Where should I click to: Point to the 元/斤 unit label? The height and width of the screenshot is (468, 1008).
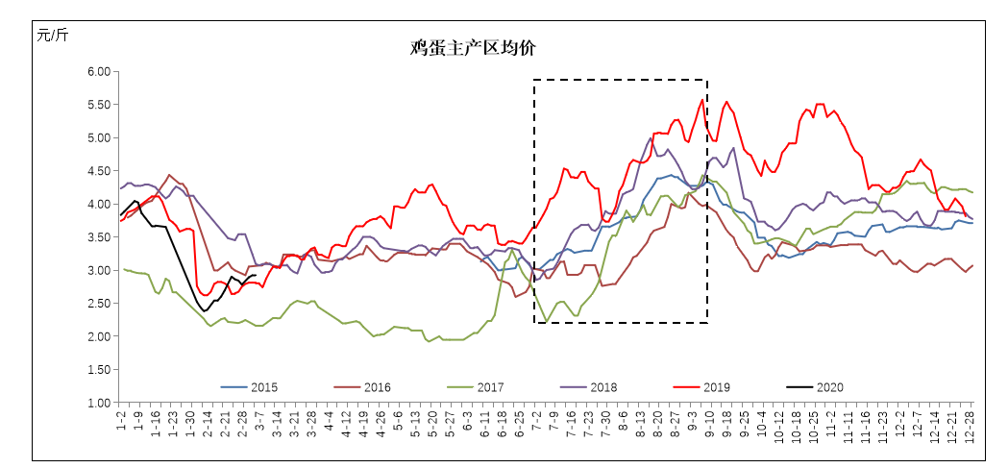(x=53, y=36)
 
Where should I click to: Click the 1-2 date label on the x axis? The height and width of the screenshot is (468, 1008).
(x=122, y=419)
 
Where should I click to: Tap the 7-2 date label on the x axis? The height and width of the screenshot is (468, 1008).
(x=536, y=419)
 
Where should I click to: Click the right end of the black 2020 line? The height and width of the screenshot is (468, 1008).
(x=255, y=275)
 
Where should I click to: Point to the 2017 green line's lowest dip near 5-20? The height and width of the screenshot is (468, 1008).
(x=428, y=341)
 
